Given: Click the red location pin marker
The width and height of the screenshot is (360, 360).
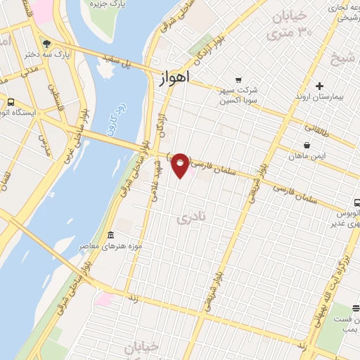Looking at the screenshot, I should [181, 165].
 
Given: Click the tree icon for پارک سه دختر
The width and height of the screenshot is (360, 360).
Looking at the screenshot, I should [46, 41].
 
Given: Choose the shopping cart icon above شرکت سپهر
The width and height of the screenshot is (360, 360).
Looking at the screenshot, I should [239, 80].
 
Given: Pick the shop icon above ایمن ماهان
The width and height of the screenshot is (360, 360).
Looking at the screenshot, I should [307, 145].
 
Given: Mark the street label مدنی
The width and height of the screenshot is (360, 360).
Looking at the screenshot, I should [30, 72].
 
